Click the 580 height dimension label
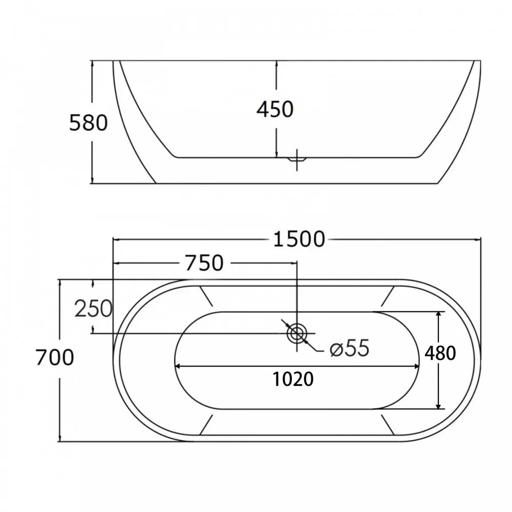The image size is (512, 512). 88,123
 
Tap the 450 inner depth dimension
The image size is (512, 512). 275,109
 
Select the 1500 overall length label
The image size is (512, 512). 299,239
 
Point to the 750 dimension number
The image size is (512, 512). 204,263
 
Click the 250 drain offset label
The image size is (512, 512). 93,309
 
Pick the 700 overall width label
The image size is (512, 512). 55,357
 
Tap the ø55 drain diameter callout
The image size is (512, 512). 350,348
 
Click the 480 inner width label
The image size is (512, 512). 440,353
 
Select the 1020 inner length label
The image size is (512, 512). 293,379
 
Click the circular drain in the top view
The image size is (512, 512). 297,334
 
